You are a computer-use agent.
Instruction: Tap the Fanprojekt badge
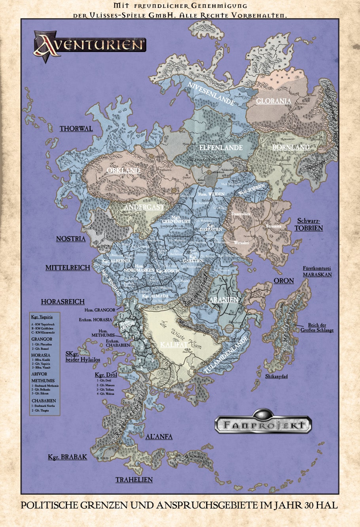(263, 425)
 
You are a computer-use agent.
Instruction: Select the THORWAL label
(76, 129)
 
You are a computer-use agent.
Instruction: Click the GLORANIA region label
(273, 101)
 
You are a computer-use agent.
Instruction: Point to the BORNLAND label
(291, 147)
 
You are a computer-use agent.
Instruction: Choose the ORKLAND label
(123, 171)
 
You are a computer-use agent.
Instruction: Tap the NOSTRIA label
(71, 239)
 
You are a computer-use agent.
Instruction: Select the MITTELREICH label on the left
(68, 268)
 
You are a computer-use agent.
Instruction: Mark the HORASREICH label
(63, 302)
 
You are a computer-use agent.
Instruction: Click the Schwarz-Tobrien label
(309, 225)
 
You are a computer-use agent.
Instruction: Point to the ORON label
(284, 281)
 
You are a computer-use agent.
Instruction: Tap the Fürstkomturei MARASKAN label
(317, 271)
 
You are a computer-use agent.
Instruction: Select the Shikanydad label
(277, 376)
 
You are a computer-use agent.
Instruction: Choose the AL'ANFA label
(159, 437)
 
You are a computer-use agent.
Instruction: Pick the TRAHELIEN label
(134, 480)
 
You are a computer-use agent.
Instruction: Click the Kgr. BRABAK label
(67, 457)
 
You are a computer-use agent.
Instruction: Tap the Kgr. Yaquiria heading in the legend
(42, 317)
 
